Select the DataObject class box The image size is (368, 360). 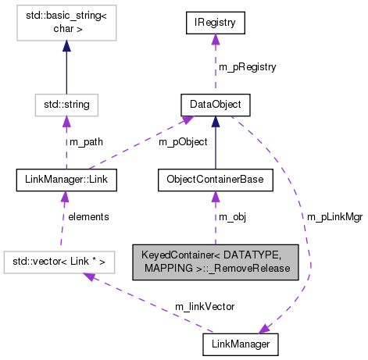click(215, 103)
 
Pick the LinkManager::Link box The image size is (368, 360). click(66, 181)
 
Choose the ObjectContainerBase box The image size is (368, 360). click(215, 181)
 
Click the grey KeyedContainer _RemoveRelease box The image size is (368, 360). click(215, 261)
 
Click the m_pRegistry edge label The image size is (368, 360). click(247, 67)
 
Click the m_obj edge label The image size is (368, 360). click(232, 216)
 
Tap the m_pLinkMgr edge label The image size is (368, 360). click(332, 216)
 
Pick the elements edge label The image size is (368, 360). click(88, 216)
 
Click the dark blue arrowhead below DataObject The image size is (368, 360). click(215, 122)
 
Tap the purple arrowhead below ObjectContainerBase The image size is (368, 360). click(215, 199)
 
